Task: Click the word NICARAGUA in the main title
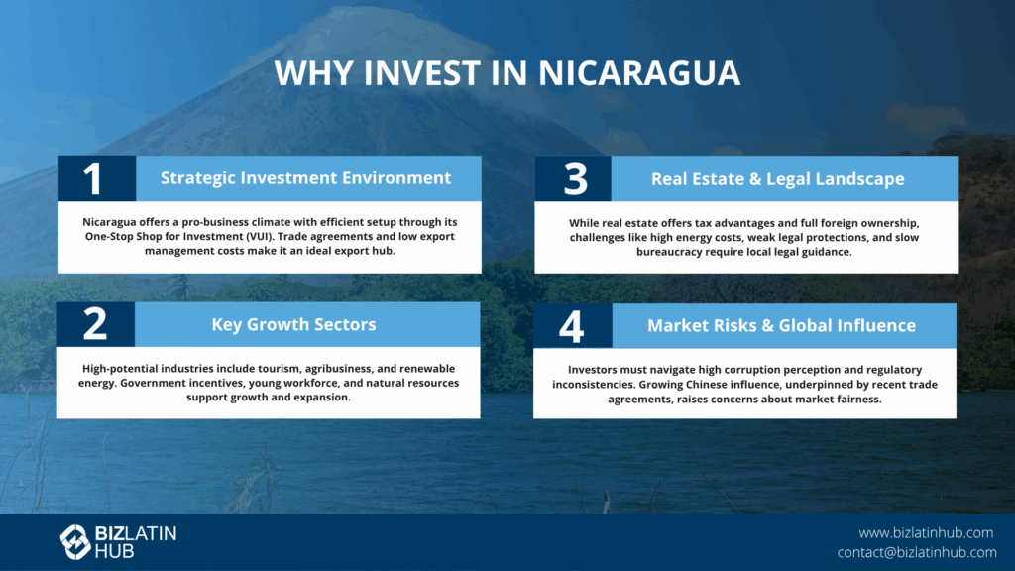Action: (639, 72)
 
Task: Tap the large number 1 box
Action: (97, 178)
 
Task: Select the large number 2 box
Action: (96, 324)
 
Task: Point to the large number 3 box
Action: (573, 178)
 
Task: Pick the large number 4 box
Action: (573, 325)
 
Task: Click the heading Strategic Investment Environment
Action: (305, 178)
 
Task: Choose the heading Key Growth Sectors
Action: (293, 324)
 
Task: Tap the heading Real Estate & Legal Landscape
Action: (777, 179)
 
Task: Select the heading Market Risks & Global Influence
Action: (781, 325)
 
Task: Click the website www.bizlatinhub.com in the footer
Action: (926, 532)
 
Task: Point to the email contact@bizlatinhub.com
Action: (917, 552)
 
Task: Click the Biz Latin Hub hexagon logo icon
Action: (75, 542)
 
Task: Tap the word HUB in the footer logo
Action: (114, 551)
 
